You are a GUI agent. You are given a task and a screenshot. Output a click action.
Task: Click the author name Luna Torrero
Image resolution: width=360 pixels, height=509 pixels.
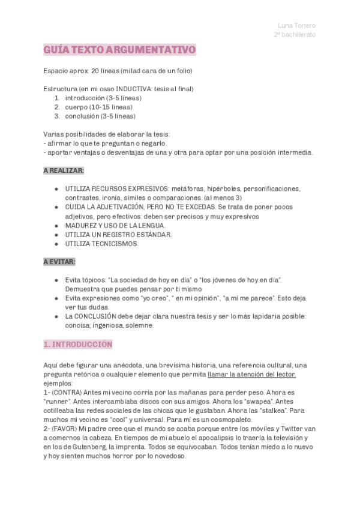point(296,25)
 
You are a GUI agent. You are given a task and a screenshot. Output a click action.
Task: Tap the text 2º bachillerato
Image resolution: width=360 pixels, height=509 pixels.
point(294,35)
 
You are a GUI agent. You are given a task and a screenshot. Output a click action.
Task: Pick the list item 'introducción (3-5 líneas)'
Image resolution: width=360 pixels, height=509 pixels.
point(100,98)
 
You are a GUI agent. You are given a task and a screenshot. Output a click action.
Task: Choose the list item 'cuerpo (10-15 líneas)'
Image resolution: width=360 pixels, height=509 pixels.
point(95,107)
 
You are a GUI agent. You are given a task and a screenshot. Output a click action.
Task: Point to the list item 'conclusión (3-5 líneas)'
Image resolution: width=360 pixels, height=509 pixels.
point(100,116)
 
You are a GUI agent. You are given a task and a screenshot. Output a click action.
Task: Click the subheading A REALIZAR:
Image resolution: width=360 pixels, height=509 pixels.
point(64,171)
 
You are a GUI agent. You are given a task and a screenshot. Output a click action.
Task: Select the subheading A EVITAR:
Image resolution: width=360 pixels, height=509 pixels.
point(59,262)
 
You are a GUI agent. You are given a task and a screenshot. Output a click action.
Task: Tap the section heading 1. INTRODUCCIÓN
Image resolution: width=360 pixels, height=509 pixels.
point(78,345)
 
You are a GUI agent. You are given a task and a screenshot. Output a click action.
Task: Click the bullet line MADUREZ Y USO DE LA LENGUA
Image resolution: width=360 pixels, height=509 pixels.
point(115,225)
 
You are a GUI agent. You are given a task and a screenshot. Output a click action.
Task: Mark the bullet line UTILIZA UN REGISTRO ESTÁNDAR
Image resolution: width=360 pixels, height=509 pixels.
point(118,234)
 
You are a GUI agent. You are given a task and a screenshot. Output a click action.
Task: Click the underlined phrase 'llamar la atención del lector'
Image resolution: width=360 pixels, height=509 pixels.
point(251,375)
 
